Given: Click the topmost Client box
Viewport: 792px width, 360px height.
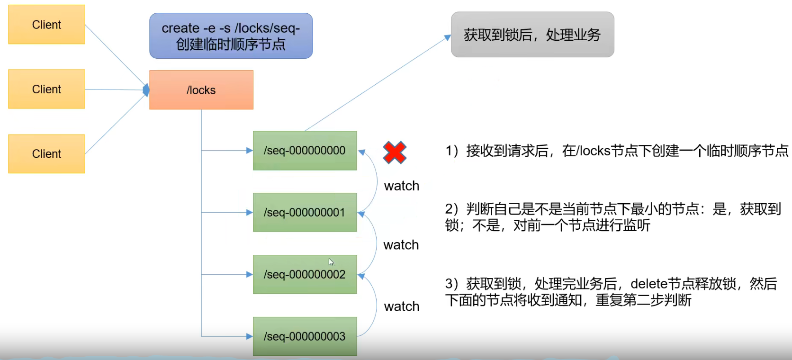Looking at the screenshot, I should (x=46, y=25).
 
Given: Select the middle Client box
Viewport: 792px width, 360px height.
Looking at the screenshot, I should (x=46, y=89).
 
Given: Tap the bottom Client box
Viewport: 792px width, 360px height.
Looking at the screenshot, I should (x=46, y=153).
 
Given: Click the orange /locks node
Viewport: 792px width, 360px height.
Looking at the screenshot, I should (x=201, y=90).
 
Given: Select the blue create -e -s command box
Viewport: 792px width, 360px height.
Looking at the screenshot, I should (x=231, y=36).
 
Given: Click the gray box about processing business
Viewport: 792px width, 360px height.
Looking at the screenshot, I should (x=532, y=35).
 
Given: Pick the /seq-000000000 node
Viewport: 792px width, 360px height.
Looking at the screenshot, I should (x=305, y=151).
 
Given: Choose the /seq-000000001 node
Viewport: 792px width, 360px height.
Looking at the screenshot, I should (x=305, y=212).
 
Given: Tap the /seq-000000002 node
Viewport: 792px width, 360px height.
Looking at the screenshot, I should (x=305, y=274).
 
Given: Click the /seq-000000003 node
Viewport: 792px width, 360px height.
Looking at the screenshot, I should (x=305, y=336).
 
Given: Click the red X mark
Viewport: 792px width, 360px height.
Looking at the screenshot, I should (x=395, y=153).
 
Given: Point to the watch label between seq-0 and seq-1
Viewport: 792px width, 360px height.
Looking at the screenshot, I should (x=401, y=186).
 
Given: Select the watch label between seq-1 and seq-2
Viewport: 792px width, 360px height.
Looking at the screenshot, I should (x=401, y=245).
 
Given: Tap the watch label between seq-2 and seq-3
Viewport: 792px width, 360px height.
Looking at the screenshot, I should (x=401, y=306).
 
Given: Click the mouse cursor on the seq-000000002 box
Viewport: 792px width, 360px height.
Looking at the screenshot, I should (x=331, y=262).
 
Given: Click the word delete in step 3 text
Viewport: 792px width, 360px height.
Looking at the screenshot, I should (x=648, y=284).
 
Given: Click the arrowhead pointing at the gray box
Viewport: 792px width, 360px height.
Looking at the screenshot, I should (x=447, y=37).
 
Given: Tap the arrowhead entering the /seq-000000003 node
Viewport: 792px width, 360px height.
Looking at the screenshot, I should (x=249, y=336).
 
